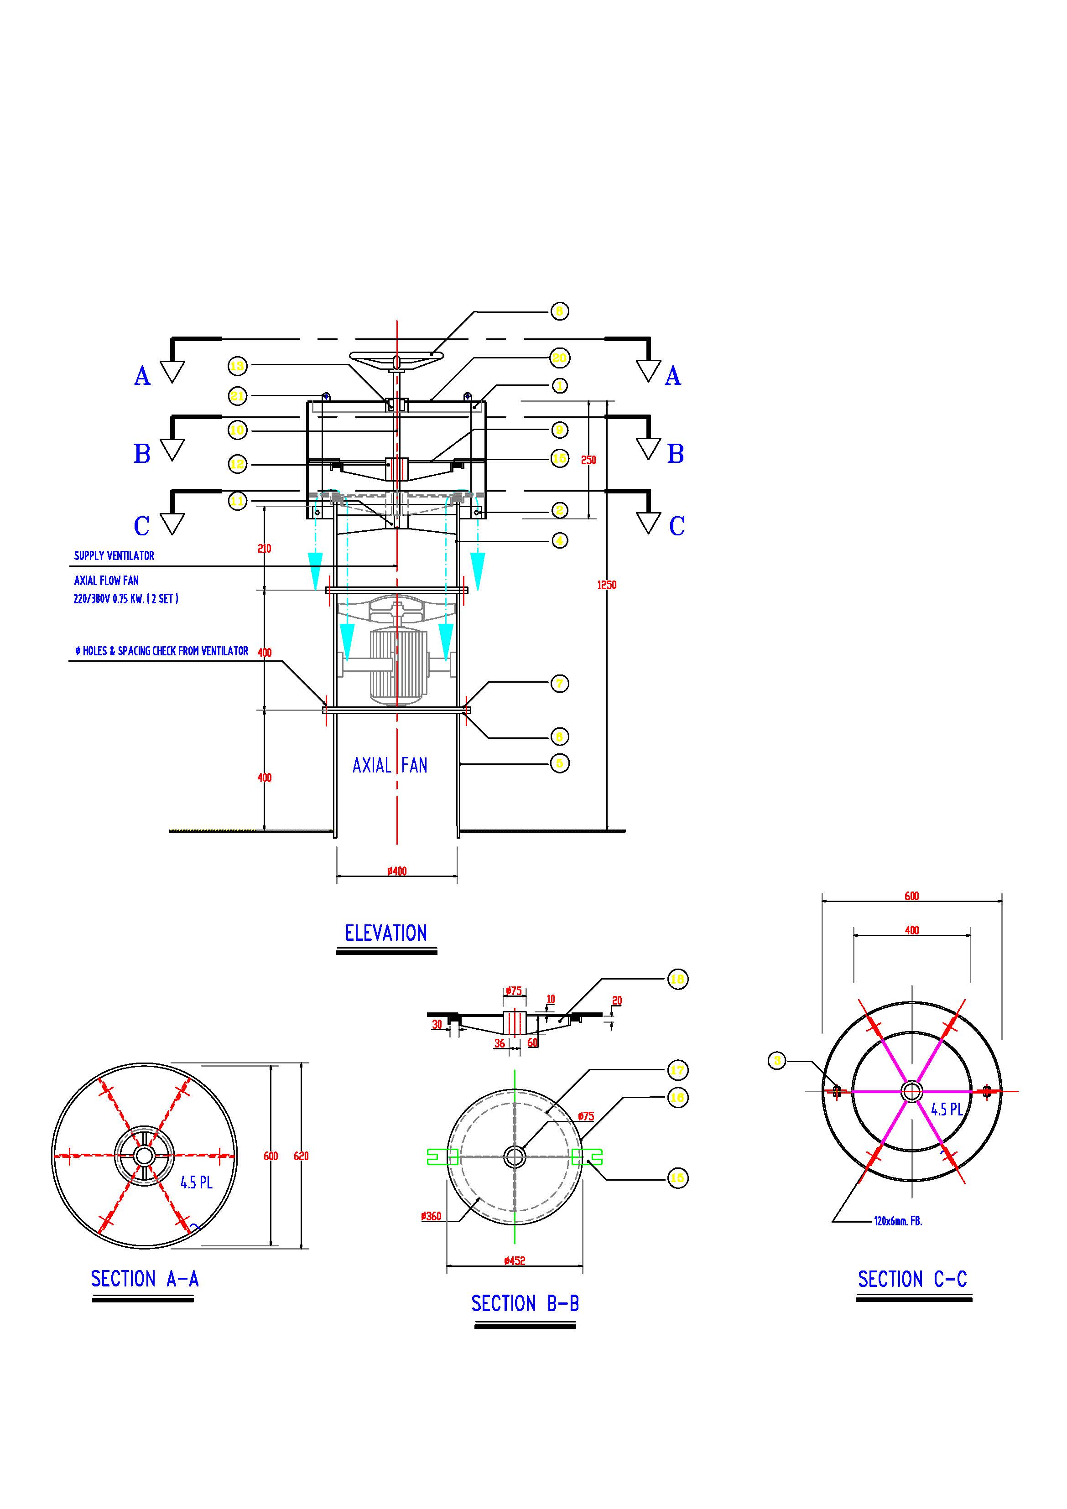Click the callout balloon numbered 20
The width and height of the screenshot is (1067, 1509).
tap(559, 358)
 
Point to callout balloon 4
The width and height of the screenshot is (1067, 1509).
tap(559, 541)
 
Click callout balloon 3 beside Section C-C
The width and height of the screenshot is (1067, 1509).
tap(777, 1060)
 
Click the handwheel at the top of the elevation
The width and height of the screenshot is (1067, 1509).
tap(396, 358)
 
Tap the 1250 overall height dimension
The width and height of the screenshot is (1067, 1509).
tap(607, 585)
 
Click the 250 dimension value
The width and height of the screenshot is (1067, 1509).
tap(588, 460)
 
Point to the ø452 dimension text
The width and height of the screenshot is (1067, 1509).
tap(515, 1260)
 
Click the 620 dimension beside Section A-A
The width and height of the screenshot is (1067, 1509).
tap(301, 1156)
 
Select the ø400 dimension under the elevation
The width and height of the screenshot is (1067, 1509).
tap(397, 871)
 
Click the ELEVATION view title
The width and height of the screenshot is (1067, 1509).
tap(386, 933)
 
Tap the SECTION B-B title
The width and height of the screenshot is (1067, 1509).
tap(525, 1304)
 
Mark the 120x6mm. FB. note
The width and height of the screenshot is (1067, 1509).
tap(898, 1221)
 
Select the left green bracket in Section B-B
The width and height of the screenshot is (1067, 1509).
tap(441, 1157)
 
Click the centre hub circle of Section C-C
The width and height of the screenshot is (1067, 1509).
tap(912, 1092)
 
